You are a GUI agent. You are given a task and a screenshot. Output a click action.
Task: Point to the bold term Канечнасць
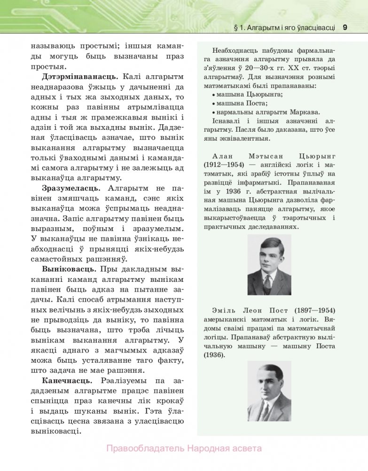(66, 380)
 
